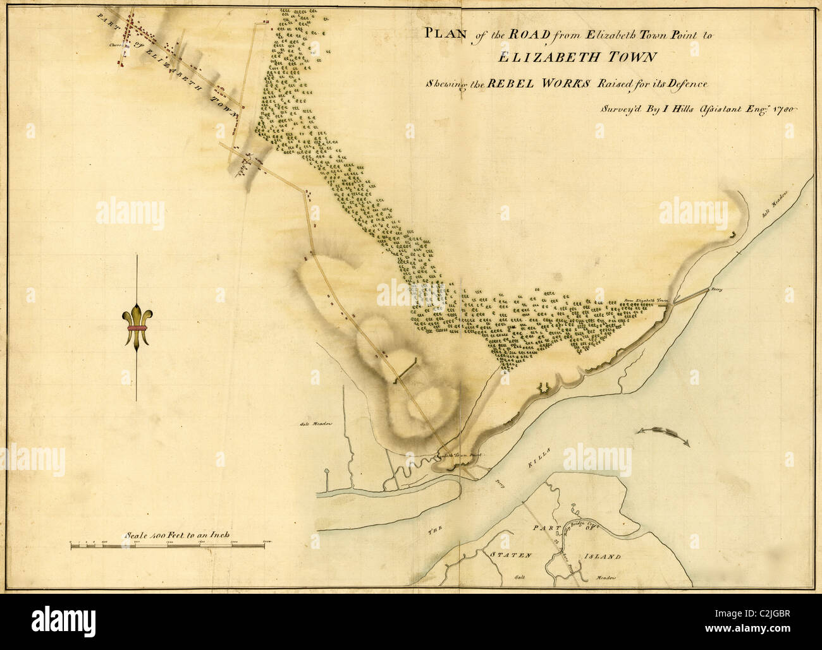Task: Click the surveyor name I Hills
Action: (670, 108)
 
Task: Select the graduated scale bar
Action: (171, 544)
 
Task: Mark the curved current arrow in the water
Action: (664, 435)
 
